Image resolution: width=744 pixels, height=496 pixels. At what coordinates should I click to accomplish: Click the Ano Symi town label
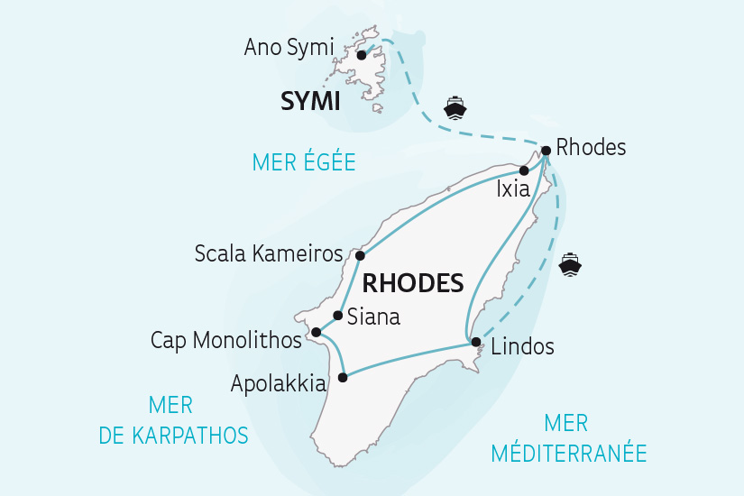pos(289,47)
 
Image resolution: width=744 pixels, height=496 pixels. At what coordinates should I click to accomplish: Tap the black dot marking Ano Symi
pos(362,55)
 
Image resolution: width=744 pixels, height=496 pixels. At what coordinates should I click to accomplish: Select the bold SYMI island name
pos(312,103)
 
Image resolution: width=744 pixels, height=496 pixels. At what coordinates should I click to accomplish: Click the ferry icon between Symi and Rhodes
pos(455,108)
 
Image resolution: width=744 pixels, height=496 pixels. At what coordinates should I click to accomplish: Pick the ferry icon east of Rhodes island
pos(571,264)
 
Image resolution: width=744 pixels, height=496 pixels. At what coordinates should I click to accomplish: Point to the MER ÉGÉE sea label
pos(304,162)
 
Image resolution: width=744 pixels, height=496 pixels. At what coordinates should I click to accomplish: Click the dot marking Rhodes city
pos(546,151)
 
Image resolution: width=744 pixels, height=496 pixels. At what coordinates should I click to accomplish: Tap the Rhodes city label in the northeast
pos(591,147)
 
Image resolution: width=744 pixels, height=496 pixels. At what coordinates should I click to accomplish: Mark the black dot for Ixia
pos(524,170)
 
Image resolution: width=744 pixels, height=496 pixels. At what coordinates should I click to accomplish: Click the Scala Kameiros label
pos(269,254)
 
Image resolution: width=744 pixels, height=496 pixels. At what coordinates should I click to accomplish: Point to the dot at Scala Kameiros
pos(360,255)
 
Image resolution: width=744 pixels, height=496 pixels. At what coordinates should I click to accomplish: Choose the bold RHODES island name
pos(412,283)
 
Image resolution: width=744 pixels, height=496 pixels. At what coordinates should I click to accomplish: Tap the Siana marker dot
pos(337,316)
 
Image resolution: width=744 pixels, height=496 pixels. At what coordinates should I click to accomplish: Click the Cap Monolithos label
pos(226,341)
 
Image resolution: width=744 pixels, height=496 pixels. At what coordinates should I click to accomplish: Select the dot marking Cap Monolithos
pos(316,333)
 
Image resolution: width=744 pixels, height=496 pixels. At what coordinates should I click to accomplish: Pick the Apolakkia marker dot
pos(342,377)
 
